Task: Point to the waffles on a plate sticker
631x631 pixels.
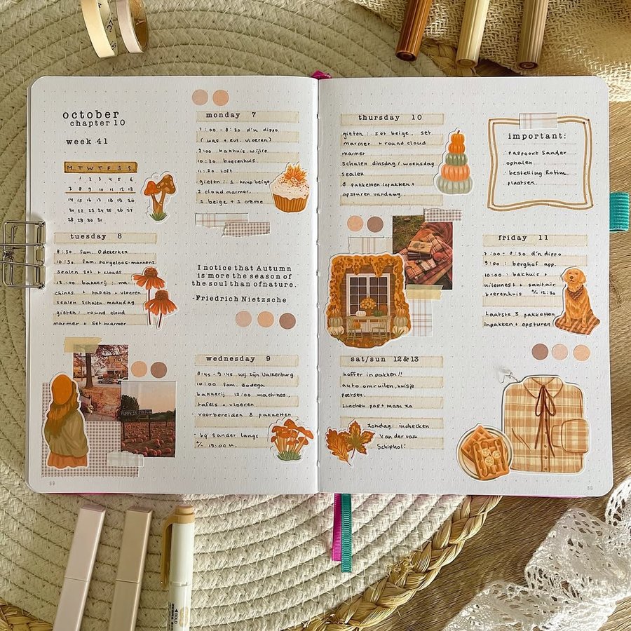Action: click(x=484, y=452)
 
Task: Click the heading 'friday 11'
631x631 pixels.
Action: click(x=524, y=238)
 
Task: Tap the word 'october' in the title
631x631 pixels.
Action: click(x=90, y=114)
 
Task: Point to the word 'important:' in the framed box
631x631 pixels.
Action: click(x=536, y=136)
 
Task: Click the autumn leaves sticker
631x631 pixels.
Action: click(x=349, y=442)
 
